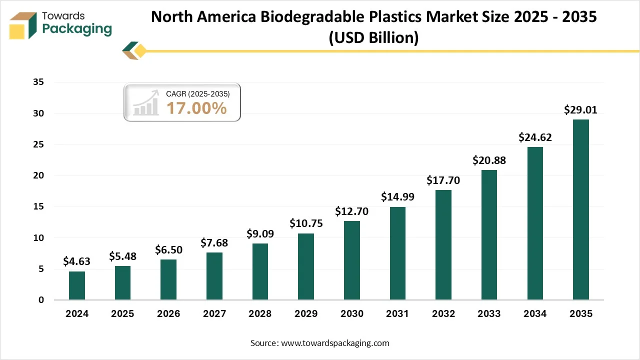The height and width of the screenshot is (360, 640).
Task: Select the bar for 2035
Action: click(580, 210)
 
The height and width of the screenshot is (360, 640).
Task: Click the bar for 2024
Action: click(76, 285)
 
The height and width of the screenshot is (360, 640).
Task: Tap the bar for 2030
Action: click(351, 260)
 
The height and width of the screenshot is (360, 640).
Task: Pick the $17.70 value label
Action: click(443, 180)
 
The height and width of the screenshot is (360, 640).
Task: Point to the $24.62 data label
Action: click(535, 137)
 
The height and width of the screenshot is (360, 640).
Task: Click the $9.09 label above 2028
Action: click(260, 233)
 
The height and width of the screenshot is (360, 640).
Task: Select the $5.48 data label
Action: click(122, 256)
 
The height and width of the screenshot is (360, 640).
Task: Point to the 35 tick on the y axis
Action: click(38, 82)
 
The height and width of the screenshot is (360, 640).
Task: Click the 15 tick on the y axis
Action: click(38, 206)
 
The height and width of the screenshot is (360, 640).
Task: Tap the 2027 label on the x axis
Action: click(214, 314)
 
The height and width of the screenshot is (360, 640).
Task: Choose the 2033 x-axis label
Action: click(489, 314)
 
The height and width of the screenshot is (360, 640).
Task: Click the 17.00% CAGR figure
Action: click(196, 108)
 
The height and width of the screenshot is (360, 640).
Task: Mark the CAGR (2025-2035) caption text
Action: click(198, 93)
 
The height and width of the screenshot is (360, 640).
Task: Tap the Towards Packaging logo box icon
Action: click(23, 25)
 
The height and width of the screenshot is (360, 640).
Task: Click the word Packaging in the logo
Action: click(77, 29)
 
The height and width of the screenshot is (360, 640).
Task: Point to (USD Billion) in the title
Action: click(373, 37)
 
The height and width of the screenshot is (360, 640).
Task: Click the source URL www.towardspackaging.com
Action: click(335, 343)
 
